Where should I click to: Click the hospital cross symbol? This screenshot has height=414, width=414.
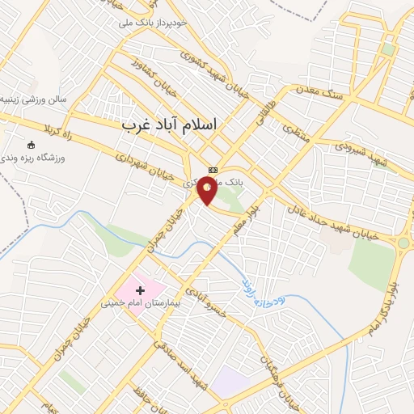click(141, 289)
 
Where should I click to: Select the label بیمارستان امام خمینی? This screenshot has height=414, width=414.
click(134, 305)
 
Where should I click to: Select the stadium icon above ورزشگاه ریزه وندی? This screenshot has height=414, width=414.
click(32, 145)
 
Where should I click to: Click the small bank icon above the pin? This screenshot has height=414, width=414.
click(213, 170)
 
